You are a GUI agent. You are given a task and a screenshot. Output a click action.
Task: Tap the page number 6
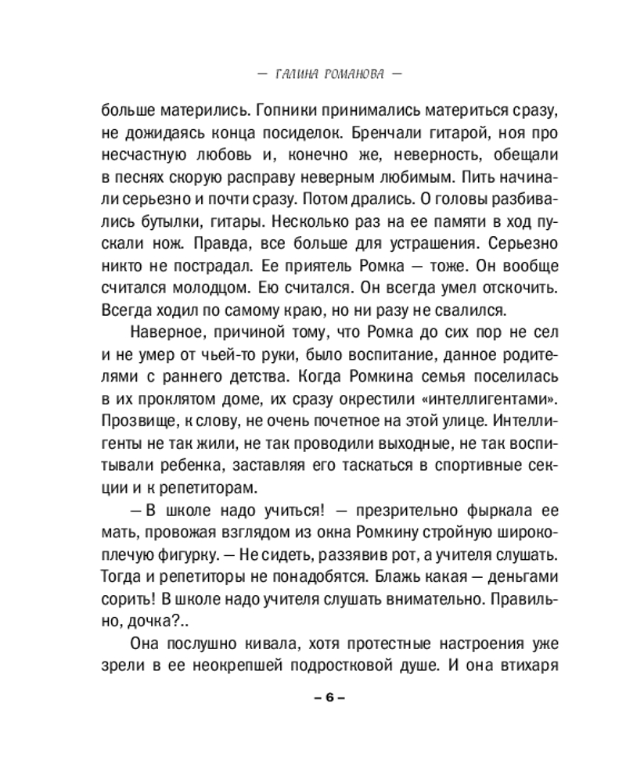click(329, 698)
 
